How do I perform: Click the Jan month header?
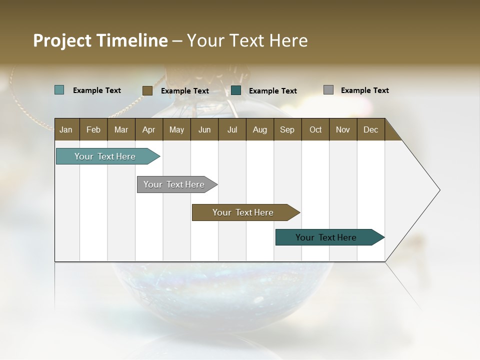pos(66,129)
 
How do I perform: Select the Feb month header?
pos(93,129)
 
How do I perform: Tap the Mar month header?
pos(121,129)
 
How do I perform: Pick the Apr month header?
pos(149,129)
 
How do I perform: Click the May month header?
pos(176,129)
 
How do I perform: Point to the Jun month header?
pos(204,129)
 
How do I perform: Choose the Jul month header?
pos(232,129)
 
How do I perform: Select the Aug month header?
pos(260,129)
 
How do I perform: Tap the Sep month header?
pos(287,129)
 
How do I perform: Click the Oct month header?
pos(315,129)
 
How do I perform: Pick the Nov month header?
pos(343,129)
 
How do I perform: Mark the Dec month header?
pos(371,129)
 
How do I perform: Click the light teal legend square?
pos(59,90)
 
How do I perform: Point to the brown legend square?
pos(147,90)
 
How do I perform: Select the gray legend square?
pos(328,90)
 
